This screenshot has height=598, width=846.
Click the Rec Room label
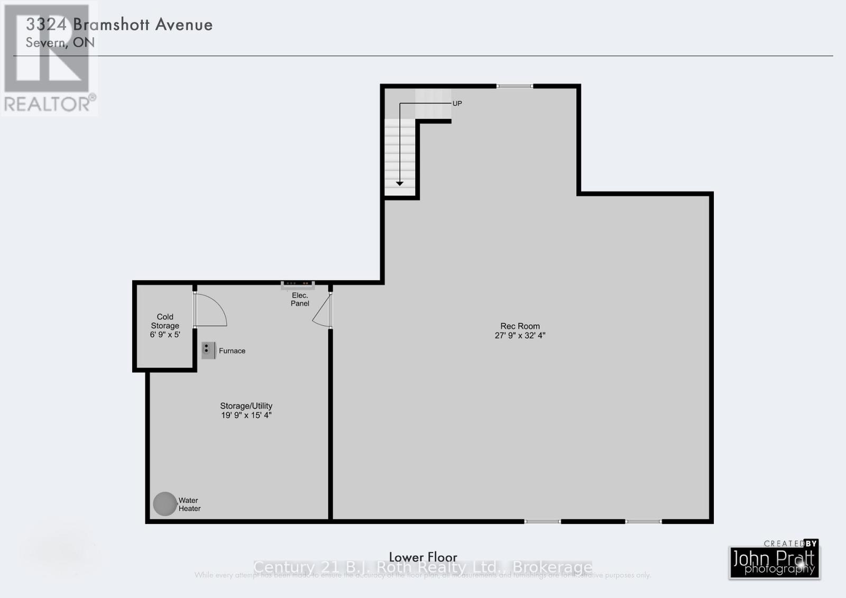(520, 326)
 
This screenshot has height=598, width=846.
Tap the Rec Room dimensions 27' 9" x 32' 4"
(520, 335)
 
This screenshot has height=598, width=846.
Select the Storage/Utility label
(246, 406)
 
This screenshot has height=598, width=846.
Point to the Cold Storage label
(165, 321)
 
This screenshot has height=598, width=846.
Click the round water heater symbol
(164, 504)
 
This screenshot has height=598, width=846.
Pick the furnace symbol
(208, 350)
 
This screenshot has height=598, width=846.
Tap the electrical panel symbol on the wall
(298, 286)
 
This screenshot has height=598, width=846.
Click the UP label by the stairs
(457, 104)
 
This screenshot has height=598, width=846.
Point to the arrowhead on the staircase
(400, 183)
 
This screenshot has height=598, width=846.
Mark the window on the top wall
(514, 86)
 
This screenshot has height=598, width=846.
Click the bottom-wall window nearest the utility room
(542, 521)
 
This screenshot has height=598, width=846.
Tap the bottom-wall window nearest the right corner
(643, 521)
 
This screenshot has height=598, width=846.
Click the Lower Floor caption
(423, 557)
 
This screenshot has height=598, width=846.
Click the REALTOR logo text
(50, 104)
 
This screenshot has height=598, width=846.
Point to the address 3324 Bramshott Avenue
(119, 24)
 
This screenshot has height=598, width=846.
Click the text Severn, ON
(60, 42)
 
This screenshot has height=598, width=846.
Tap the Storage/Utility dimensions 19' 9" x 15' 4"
(246, 415)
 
